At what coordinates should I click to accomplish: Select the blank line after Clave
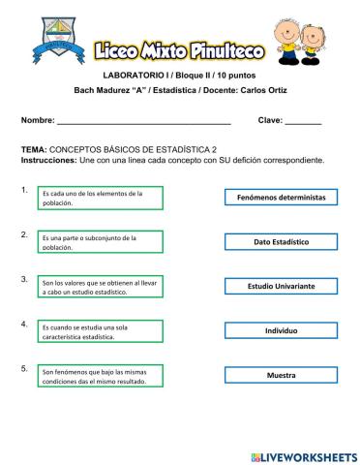point(303,122)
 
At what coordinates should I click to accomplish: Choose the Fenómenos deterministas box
point(281,197)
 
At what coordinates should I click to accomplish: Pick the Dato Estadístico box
point(281,241)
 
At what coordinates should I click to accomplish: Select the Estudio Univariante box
point(281,286)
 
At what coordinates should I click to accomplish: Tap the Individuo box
point(281,330)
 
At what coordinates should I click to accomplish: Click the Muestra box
point(281,374)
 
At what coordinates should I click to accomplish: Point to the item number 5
point(23,368)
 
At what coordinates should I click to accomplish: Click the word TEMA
point(33,151)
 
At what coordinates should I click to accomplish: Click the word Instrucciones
point(47,160)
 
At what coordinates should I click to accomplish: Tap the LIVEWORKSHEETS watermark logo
point(303,455)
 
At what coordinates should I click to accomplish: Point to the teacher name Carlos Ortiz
point(258,90)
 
